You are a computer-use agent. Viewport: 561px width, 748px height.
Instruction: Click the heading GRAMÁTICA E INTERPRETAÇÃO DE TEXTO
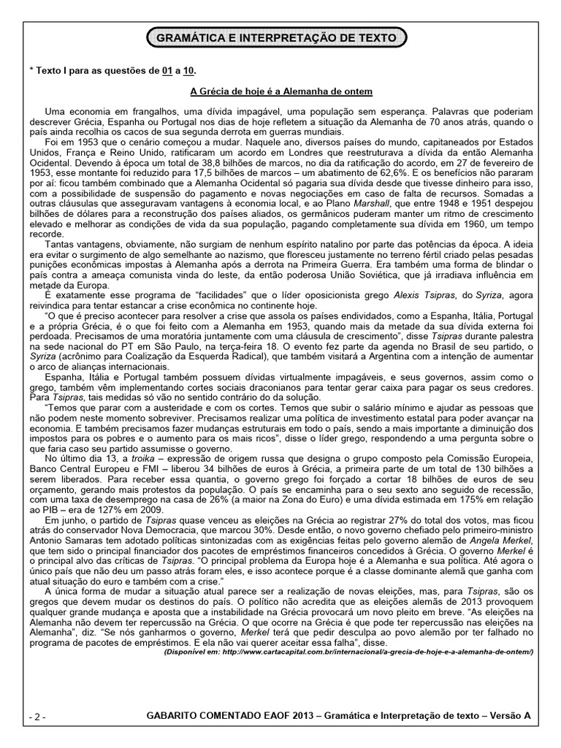pos(277,37)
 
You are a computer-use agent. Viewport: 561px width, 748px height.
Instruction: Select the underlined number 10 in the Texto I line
pos(189,70)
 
